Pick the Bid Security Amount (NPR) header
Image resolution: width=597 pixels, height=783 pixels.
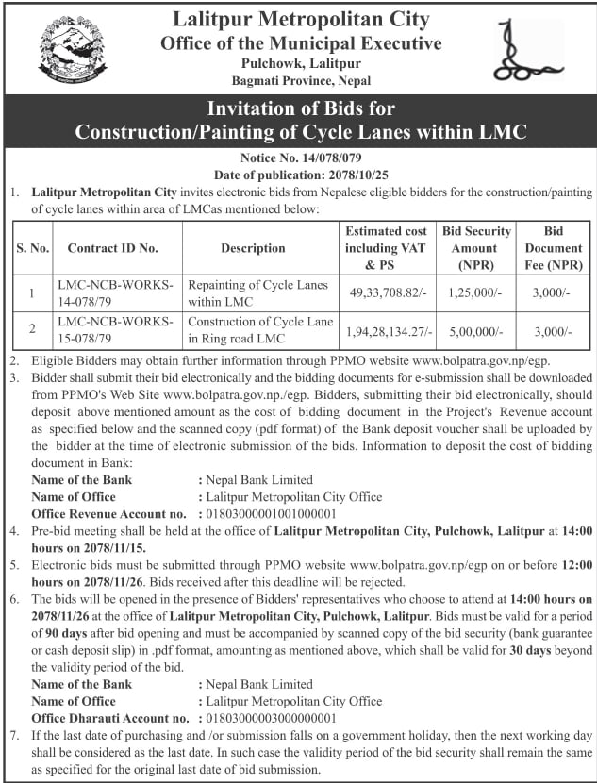point(475,248)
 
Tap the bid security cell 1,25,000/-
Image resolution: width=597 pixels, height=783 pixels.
point(475,293)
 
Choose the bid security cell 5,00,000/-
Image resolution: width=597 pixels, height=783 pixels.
point(475,332)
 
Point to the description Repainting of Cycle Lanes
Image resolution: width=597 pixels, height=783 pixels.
point(257,285)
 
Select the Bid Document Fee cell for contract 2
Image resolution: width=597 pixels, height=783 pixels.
point(553,332)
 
